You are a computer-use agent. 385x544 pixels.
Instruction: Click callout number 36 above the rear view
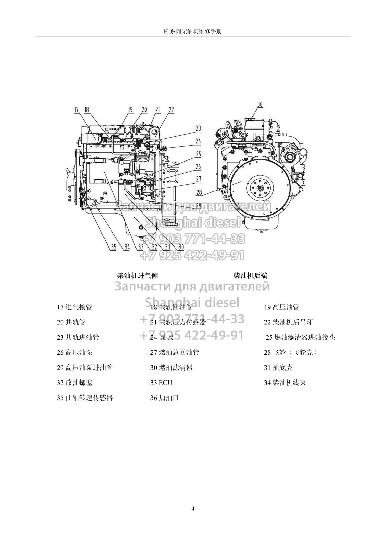point(260,104)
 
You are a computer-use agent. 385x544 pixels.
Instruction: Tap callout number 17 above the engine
point(76,109)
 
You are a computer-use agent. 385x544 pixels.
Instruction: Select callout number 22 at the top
point(171,109)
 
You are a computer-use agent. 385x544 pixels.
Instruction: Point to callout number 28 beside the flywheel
point(199,192)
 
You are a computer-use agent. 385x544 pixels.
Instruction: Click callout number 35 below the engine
point(114,247)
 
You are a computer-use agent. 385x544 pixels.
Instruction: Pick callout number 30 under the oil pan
point(181,247)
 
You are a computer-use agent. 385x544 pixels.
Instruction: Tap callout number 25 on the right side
point(198,154)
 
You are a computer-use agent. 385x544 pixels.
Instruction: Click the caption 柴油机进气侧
point(137,275)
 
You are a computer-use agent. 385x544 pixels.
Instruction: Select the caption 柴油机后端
point(250,275)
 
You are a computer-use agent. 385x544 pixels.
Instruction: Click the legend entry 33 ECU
point(161,382)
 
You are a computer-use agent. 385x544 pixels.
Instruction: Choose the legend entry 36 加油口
point(164,398)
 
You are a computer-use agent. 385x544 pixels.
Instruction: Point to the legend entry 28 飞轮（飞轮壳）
point(290,352)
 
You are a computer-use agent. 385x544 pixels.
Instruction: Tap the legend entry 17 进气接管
point(75,307)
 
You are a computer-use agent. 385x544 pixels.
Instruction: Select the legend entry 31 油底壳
point(278,368)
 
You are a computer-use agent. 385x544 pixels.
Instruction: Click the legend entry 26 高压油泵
point(75,352)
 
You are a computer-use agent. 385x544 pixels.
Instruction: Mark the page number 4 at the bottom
point(193,509)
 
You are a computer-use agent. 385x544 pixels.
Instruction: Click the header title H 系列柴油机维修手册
point(193,31)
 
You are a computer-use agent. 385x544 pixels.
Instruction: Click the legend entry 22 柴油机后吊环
point(288,322)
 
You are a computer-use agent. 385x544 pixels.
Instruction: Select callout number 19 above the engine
point(130,109)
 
